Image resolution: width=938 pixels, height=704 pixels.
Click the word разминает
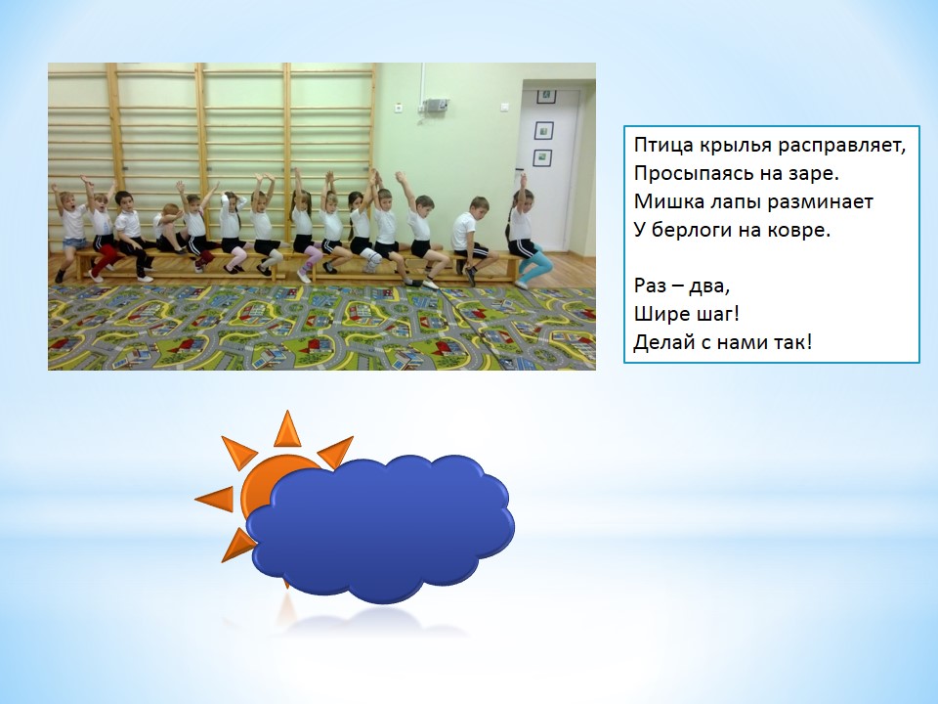click(820, 202)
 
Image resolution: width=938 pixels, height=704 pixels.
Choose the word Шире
click(657, 314)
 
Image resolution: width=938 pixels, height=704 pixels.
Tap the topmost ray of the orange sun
click(287, 428)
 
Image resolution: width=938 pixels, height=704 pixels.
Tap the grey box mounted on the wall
click(434, 105)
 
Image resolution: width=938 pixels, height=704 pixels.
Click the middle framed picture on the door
click(543, 130)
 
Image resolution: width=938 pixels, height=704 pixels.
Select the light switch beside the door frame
click(504, 107)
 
